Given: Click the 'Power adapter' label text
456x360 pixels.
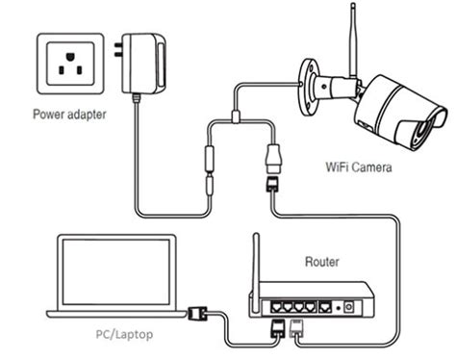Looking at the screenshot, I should tap(67, 116).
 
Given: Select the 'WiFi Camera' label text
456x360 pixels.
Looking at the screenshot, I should tap(357, 167).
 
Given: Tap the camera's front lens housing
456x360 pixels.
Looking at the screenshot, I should tap(423, 123).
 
